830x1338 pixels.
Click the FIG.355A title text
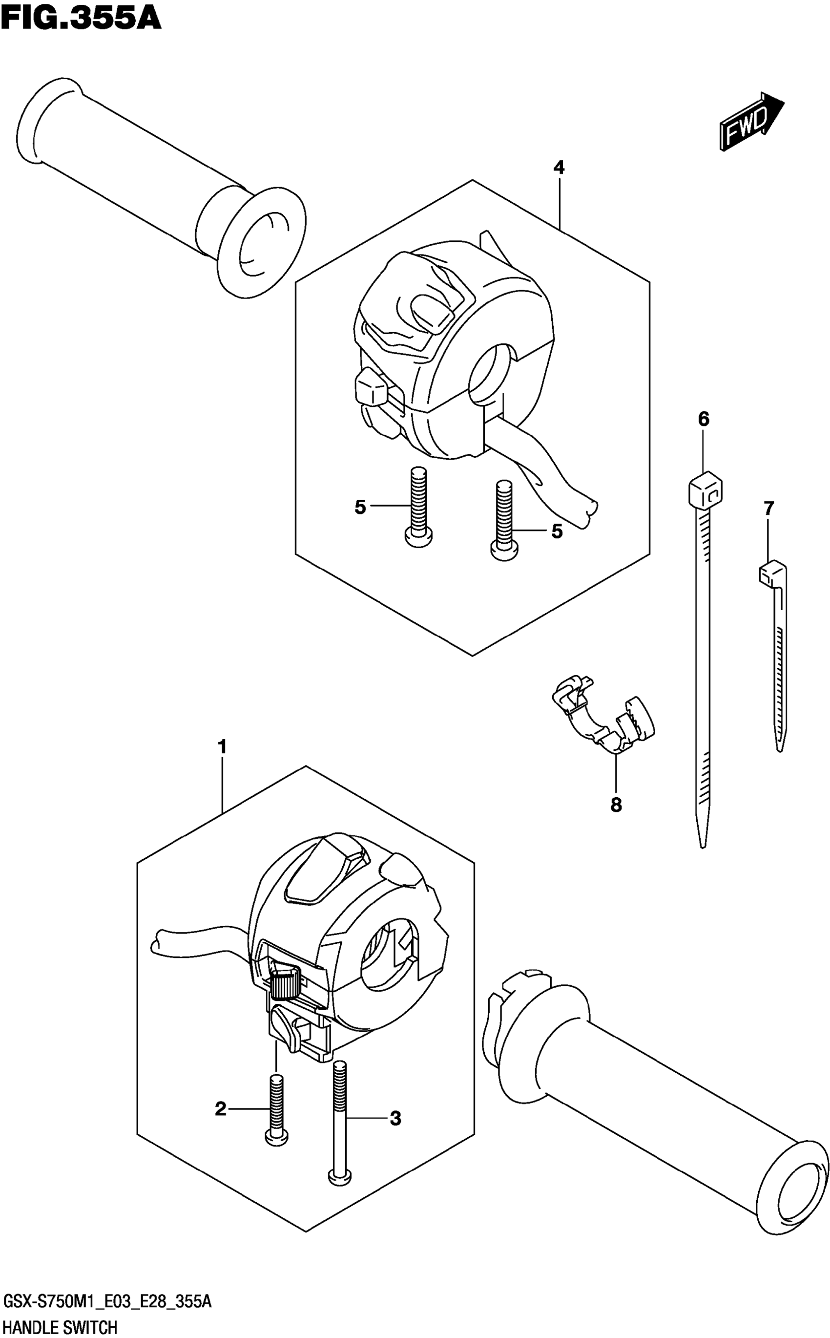pos(81,19)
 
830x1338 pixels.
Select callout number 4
pos(559,167)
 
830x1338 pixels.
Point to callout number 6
pos(704,419)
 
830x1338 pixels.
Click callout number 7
pos(768,509)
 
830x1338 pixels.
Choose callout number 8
pos(616,805)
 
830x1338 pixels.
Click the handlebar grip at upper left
pos(159,181)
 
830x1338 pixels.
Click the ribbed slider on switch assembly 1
pos(284,984)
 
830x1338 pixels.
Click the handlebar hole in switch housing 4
pos(490,371)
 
